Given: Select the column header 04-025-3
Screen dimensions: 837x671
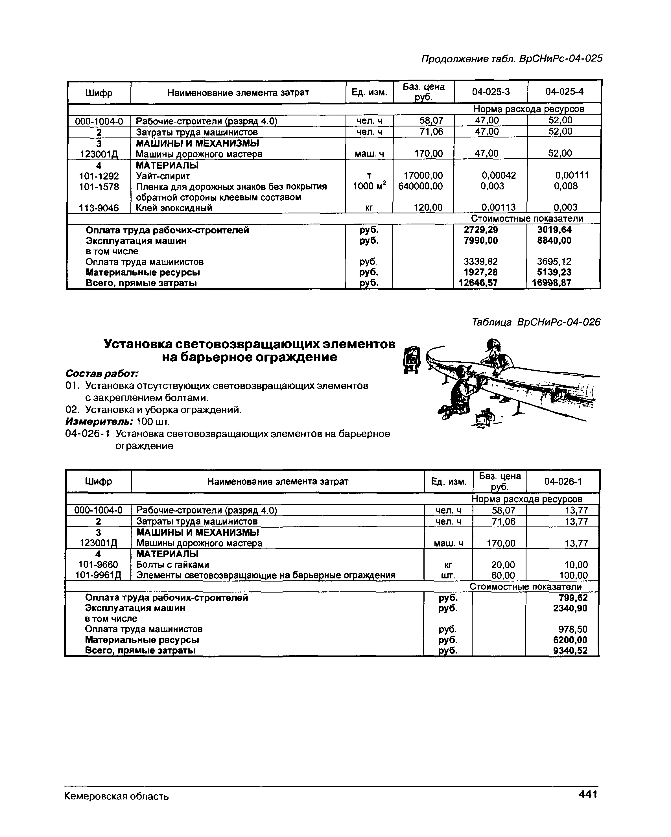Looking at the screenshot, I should point(491,92).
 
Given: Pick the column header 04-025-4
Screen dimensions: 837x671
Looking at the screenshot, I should point(564,92).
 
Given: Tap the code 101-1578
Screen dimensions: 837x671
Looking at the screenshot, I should point(99,187).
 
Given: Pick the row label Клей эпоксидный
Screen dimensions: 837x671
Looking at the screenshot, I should point(174,208).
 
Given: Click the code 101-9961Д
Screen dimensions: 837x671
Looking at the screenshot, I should point(98,575).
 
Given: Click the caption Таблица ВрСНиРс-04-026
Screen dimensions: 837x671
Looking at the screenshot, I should point(536,322).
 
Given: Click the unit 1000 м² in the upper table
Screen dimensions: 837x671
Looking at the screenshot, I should point(369,186).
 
